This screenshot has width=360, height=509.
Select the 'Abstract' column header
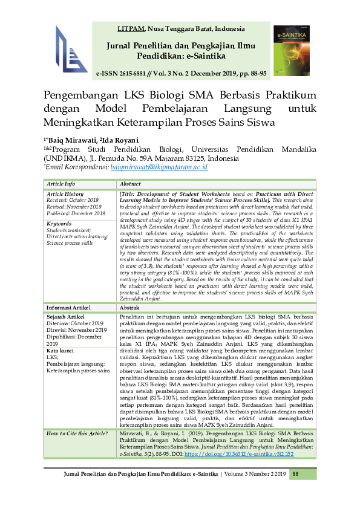(x=131, y=184)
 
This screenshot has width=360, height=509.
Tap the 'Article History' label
(x=66, y=193)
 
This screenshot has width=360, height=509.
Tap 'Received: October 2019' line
(x=71, y=199)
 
